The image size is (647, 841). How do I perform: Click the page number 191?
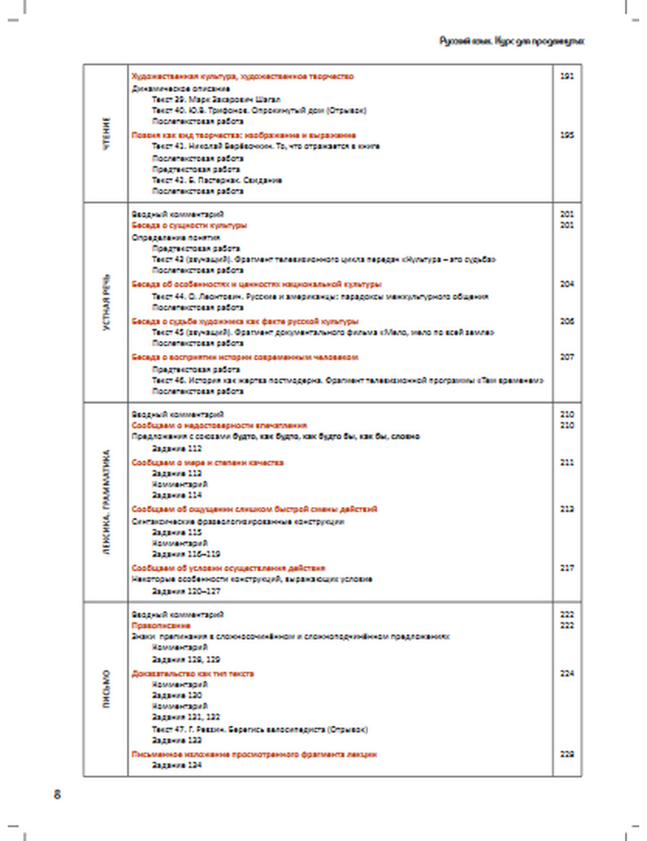tap(567, 76)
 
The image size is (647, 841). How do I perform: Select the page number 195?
tap(567, 135)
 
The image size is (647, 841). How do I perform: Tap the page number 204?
tap(567, 284)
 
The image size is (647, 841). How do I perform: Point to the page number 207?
tap(567, 357)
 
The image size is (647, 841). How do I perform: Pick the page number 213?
tap(567, 509)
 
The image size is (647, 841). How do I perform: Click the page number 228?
tap(567, 754)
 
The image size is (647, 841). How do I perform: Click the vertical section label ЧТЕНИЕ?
tap(107, 134)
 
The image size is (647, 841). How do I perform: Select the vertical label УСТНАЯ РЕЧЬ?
tap(107, 302)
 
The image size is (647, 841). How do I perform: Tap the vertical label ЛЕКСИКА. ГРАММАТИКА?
tap(107, 502)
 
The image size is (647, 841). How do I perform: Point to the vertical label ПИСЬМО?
tap(107, 689)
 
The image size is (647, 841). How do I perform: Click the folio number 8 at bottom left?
tap(57, 794)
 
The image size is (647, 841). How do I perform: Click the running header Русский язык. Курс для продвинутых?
tap(511, 41)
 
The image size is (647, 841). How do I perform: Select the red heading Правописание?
tap(161, 626)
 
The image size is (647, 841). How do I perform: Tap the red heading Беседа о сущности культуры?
tap(189, 226)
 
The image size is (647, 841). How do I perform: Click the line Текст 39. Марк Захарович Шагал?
tap(216, 100)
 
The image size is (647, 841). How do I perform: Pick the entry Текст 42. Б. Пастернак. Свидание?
tap(217, 180)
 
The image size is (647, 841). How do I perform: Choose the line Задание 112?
tap(177, 448)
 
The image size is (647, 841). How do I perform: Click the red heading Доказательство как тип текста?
tap(193, 673)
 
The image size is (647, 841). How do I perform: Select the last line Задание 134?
tap(177, 765)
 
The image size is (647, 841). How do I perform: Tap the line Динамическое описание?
tap(181, 89)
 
